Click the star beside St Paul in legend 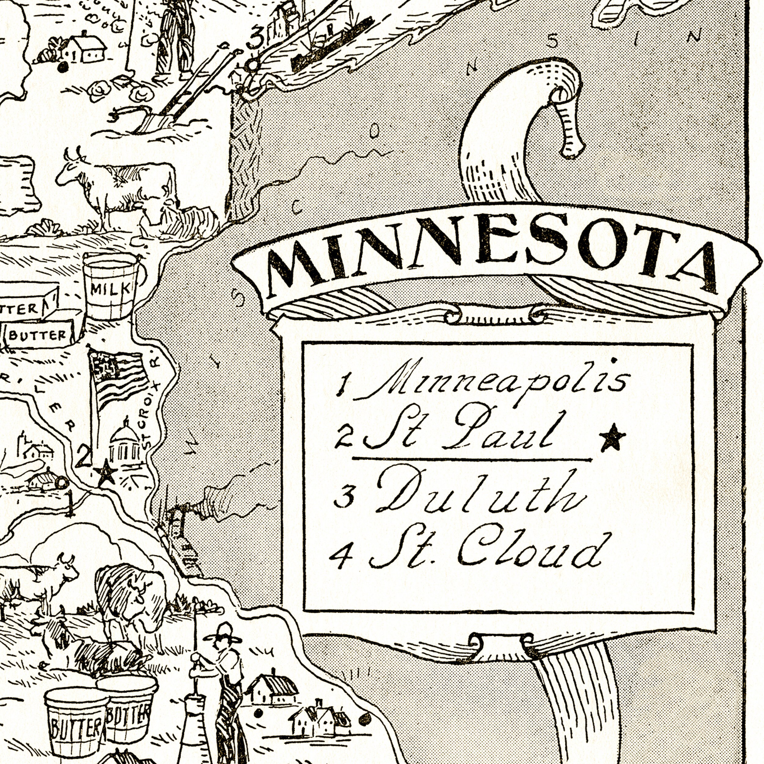pos(612,437)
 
